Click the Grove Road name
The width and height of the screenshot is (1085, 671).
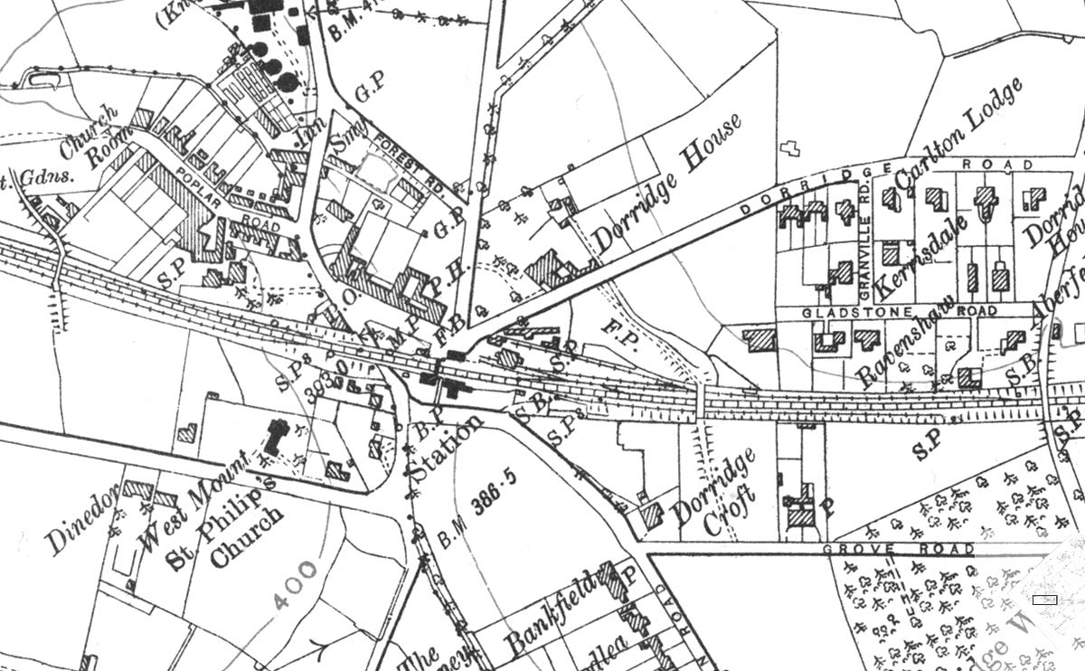pyautogui.click(x=900, y=549)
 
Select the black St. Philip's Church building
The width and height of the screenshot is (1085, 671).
pyautogui.click(x=272, y=439)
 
